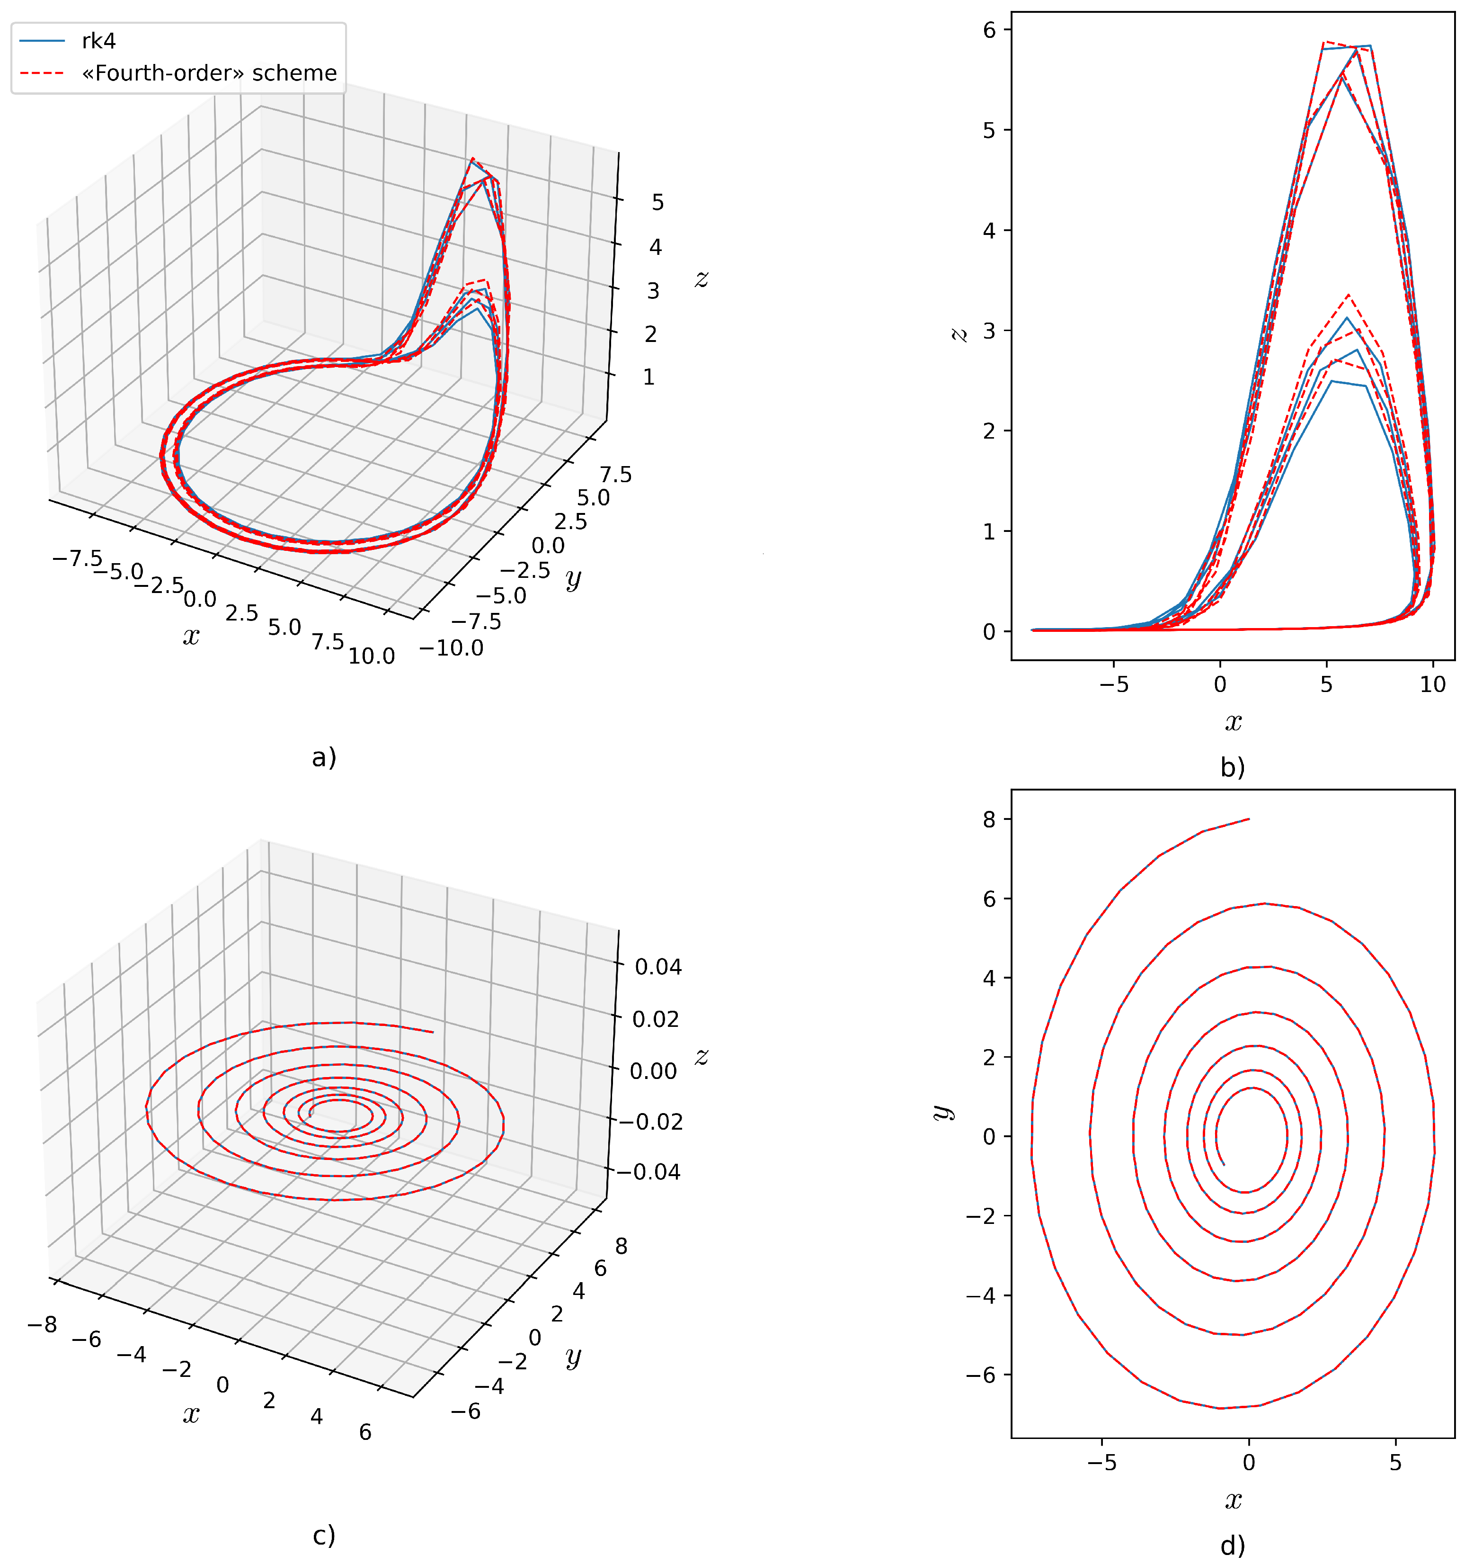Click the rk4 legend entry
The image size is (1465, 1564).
tap(98, 41)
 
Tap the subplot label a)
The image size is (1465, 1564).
tap(324, 758)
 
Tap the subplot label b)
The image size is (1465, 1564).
tap(1232, 767)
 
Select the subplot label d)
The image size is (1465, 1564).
tap(1232, 1546)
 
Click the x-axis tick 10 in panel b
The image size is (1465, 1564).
tap(1433, 684)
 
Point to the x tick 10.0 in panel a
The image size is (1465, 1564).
tap(371, 656)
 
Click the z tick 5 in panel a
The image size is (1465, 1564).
tap(657, 203)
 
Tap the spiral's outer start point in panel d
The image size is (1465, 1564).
tap(1249, 819)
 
